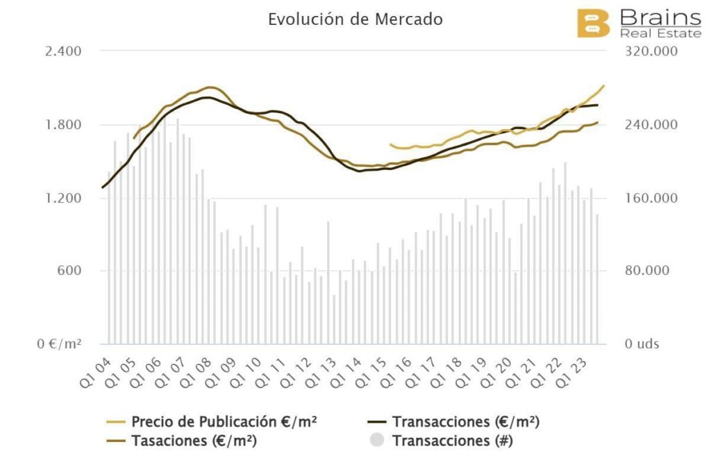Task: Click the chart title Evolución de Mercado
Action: [355, 19]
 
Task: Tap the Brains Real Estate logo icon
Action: [593, 23]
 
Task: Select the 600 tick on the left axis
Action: [70, 271]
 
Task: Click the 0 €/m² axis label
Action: [59, 344]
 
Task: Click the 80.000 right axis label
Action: [645, 271]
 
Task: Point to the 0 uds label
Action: [639, 344]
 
